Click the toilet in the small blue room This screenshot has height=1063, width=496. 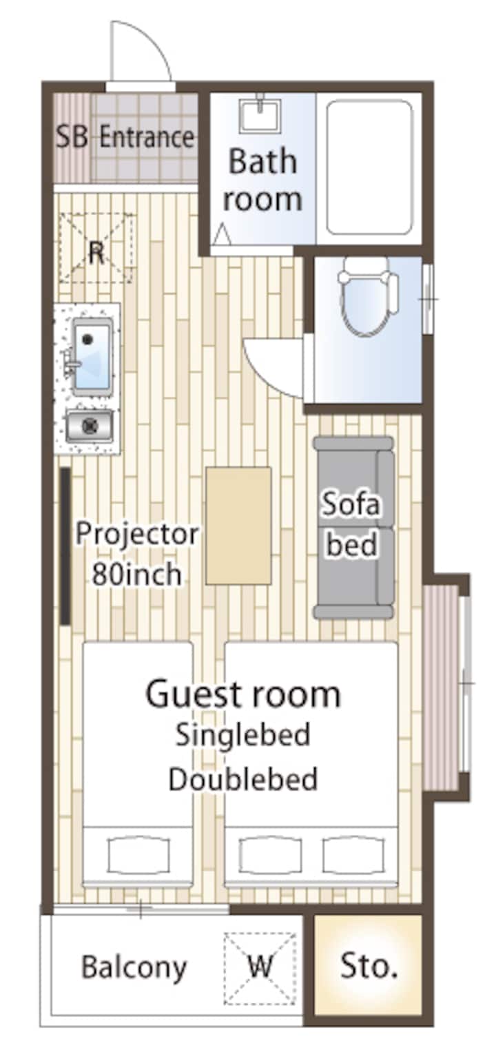(368, 296)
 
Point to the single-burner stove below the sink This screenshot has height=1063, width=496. (90, 426)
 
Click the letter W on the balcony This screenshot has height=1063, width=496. (260, 964)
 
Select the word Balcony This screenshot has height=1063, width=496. (134, 968)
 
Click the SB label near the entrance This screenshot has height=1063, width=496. (72, 136)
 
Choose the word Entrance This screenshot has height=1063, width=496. (147, 137)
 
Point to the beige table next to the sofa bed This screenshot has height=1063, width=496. (238, 526)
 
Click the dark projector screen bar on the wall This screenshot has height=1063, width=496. (65, 546)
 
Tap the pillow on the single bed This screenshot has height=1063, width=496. (138, 855)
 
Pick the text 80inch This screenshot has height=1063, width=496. (136, 574)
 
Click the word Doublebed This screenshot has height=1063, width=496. (242, 780)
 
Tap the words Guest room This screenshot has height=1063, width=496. (242, 694)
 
